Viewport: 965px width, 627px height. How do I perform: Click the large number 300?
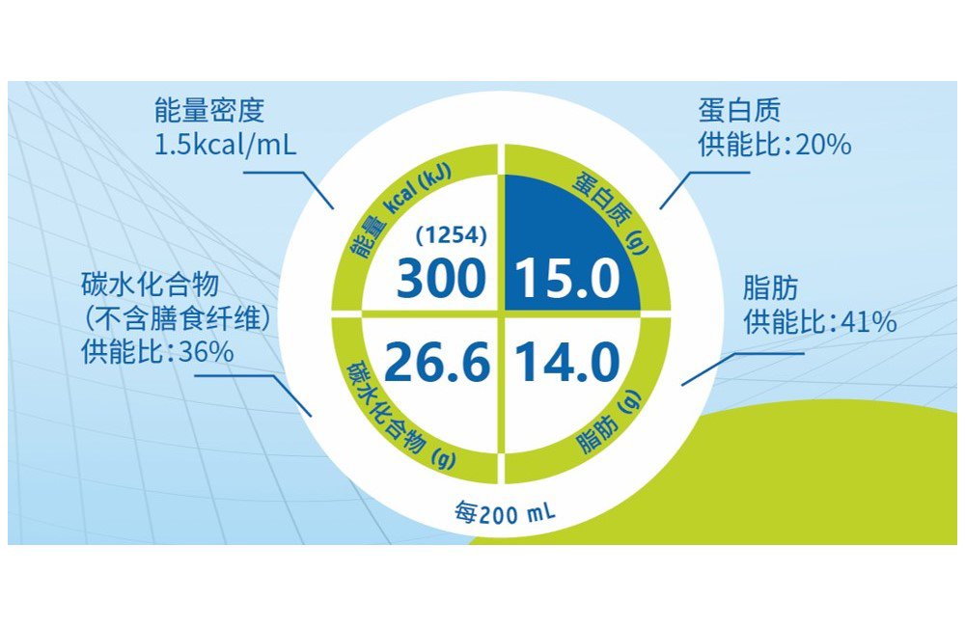pos(441,278)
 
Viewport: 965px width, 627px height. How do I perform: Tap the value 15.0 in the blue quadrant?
pos(567,278)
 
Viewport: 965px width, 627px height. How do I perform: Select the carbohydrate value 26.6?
pos(437,361)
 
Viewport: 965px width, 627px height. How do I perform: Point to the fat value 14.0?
pos(567,361)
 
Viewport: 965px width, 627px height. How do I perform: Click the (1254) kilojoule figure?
pos(451,235)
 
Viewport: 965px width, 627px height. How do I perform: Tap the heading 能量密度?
pos(209,110)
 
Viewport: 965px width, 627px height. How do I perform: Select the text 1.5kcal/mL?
pos(225,146)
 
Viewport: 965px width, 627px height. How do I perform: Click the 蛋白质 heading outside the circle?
pos(739,110)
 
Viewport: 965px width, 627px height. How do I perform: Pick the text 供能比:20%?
pos(775,145)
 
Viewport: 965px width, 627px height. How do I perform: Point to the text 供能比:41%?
pos(819,322)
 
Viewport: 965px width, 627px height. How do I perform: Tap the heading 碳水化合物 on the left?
pos(151,285)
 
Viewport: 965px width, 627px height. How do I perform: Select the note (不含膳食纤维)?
pos(176,318)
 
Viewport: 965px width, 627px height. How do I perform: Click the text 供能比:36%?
pos(157,351)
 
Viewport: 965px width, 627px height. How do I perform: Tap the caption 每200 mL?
pos(505,512)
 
